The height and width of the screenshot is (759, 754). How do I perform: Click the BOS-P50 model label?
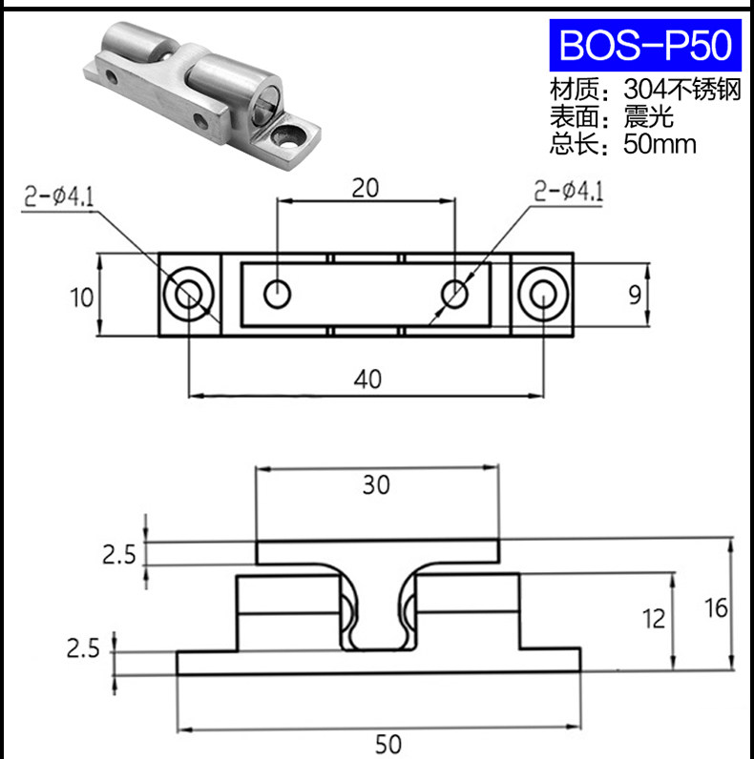[x=645, y=45]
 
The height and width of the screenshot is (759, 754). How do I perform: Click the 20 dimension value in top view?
[x=366, y=188]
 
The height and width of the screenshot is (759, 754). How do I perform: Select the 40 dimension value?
[x=367, y=379]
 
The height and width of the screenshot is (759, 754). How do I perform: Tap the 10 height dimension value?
[x=81, y=297]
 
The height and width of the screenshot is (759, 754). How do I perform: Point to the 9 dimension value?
[x=635, y=295]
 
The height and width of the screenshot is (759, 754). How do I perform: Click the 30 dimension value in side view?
[x=376, y=484]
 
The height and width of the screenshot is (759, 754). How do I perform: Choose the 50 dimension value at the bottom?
[x=388, y=745]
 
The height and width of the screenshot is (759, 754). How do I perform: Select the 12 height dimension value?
[x=653, y=619]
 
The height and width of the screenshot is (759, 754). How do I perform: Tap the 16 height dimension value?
[x=716, y=608]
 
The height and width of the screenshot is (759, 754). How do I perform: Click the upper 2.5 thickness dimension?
[x=119, y=554]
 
